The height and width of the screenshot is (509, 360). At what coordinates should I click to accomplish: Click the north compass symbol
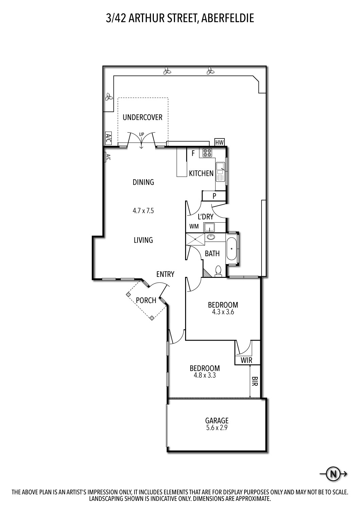pyautogui.click(x=333, y=473)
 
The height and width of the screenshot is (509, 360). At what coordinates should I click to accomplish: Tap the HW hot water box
pyautogui.click(x=219, y=142)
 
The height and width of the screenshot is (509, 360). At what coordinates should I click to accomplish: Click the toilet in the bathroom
pyautogui.click(x=218, y=271)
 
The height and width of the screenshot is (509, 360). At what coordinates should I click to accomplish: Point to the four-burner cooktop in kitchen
pyautogui.click(x=207, y=153)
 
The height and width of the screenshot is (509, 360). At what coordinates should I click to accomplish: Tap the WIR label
pyautogui.click(x=246, y=360)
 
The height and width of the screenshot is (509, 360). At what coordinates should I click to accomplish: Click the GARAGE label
pyautogui.click(x=217, y=421)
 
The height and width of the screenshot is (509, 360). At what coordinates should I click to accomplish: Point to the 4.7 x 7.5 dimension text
pyautogui.click(x=143, y=211)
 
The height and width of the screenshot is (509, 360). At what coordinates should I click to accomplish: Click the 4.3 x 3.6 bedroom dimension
pyautogui.click(x=223, y=312)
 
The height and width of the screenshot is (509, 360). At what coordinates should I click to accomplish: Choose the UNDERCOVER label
pyautogui.click(x=142, y=117)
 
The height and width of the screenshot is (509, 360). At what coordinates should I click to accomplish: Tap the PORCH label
pyautogui.click(x=146, y=300)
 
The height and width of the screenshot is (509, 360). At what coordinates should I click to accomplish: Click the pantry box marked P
pyautogui.click(x=214, y=196)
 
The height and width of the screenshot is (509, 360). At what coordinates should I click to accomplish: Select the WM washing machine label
pyautogui.click(x=194, y=226)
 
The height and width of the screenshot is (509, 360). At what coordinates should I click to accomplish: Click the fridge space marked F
pyautogui.click(x=193, y=153)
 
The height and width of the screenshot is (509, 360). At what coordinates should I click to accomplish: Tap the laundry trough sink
pyautogui.click(x=209, y=227)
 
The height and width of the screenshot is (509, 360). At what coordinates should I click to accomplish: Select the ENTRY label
pyautogui.click(x=165, y=274)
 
